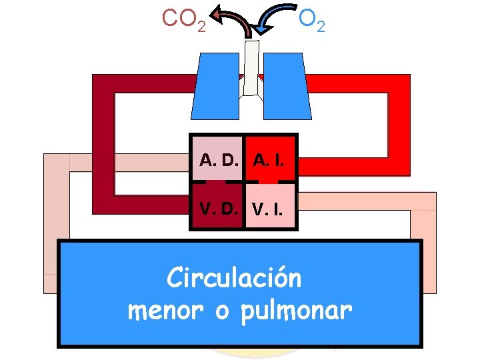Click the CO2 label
(183, 19)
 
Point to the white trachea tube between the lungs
(251, 67)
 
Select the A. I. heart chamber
(270, 160)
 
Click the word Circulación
(234, 277)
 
